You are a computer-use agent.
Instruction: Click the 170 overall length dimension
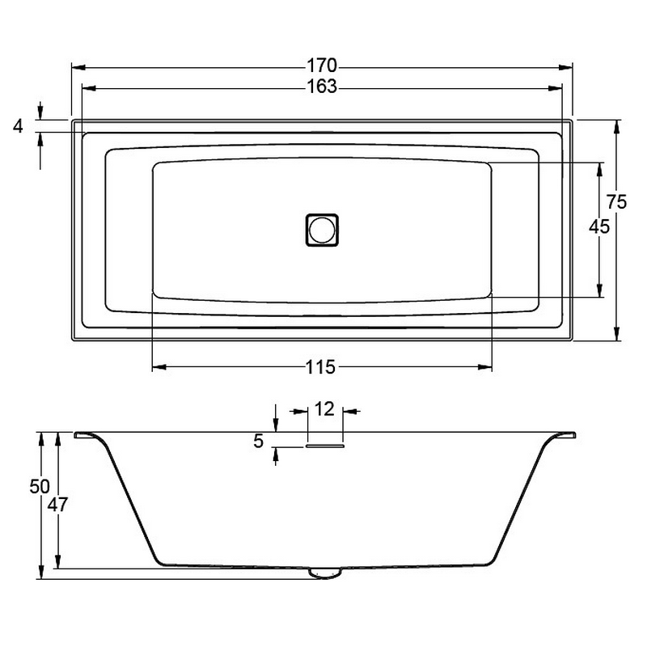pyautogui.click(x=322, y=66)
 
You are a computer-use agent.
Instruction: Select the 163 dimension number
pyautogui.click(x=322, y=87)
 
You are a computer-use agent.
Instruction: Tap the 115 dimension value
pyautogui.click(x=320, y=367)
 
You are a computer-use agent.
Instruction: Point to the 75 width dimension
pyautogui.click(x=616, y=201)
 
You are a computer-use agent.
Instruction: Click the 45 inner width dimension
pyautogui.click(x=599, y=226)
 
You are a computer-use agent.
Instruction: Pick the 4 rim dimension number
pyautogui.click(x=18, y=126)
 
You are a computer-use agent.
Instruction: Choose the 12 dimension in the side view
pyautogui.click(x=324, y=409)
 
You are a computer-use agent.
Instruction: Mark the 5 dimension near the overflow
pyautogui.click(x=258, y=442)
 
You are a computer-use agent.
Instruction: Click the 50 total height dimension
pyautogui.click(x=40, y=487)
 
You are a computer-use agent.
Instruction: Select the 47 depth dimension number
pyautogui.click(x=57, y=504)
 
